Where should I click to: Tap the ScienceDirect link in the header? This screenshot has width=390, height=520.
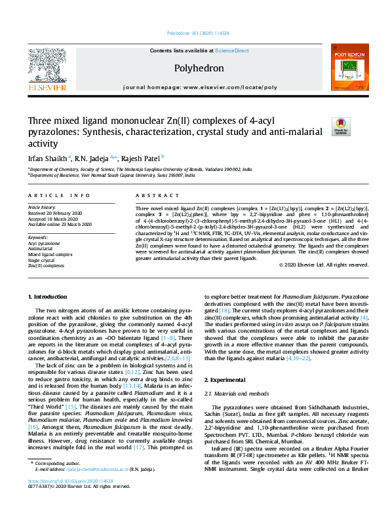pyautogui.click(x=232, y=50)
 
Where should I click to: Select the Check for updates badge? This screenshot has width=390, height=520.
pyautogui.click(x=341, y=126)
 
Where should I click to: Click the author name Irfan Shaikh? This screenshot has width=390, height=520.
pyautogui.click(x=46, y=158)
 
